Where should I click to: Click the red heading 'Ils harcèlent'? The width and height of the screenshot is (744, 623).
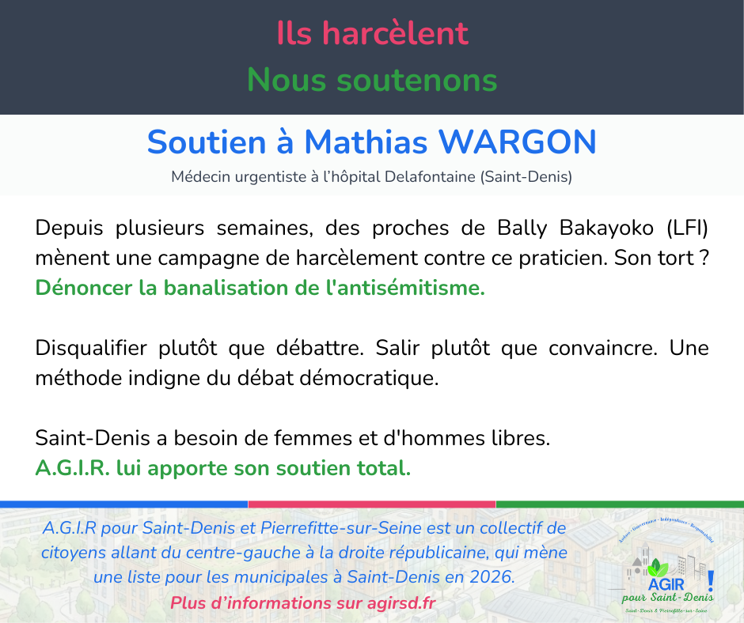click(x=372, y=33)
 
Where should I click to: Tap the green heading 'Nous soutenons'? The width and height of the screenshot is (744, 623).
click(x=372, y=80)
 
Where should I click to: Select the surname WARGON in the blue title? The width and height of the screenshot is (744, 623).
click(x=518, y=142)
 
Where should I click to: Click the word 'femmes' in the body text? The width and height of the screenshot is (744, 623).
click(x=259, y=438)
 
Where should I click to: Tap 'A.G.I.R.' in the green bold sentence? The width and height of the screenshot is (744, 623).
click(x=72, y=468)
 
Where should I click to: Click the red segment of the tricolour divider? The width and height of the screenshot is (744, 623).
click(x=372, y=504)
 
